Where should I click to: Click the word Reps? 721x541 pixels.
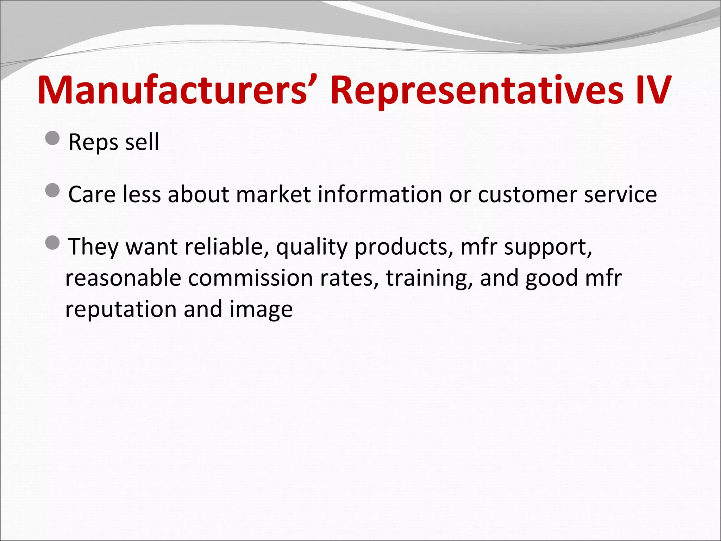coord(93,143)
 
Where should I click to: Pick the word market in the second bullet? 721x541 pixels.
coord(274,194)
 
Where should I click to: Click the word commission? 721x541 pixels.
coord(250,278)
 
